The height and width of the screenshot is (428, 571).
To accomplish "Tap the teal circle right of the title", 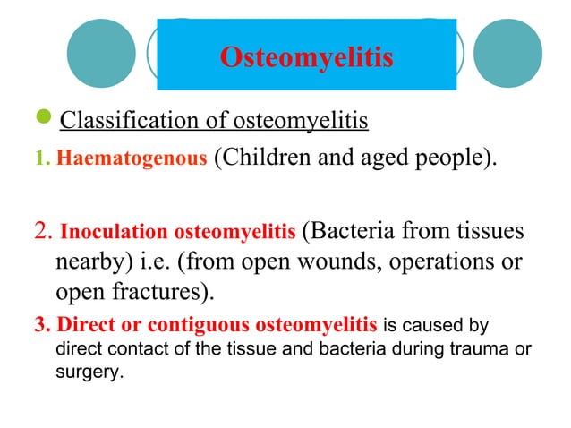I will [507, 53].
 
